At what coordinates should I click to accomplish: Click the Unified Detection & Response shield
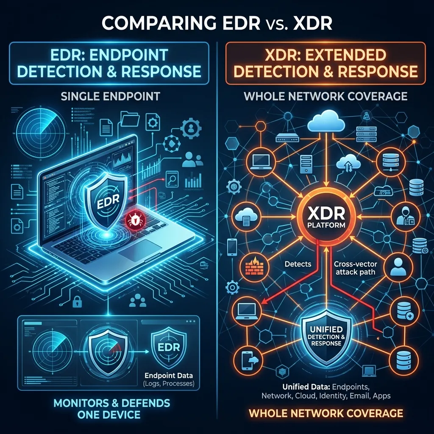(326, 336)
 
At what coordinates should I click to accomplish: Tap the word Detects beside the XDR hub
(298, 264)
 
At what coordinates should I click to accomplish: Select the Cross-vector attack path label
(356, 268)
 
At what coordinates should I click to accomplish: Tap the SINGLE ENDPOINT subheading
(110, 96)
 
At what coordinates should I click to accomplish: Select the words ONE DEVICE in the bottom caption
(109, 415)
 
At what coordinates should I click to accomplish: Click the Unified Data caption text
(326, 391)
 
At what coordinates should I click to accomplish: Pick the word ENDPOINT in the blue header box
(129, 55)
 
